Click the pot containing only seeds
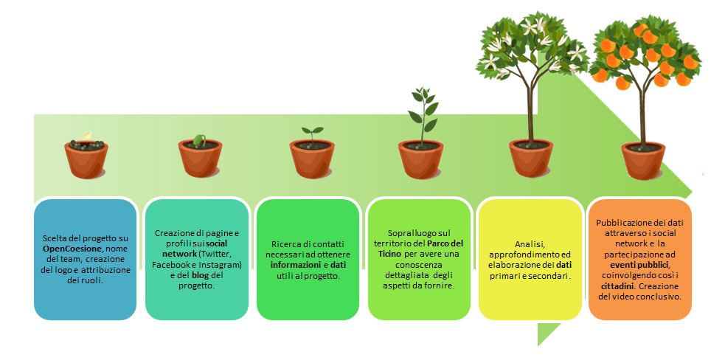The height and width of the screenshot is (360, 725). coord(86,159)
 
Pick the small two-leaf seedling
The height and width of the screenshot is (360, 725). coord(313,133)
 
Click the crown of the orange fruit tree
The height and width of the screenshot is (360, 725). coord(645,52)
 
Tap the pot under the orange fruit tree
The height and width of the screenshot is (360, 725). coord(642,161)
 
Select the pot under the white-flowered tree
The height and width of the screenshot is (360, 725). coord(531,159)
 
